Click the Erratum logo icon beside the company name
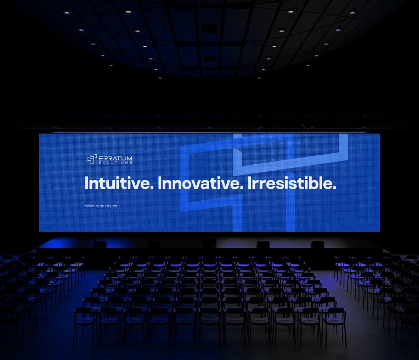[92, 159]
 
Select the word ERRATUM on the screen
[115, 158]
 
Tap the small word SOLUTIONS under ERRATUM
[115, 162]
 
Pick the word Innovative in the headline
[200, 183]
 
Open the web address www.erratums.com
[102, 206]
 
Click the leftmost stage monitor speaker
[100, 244]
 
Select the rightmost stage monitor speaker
[317, 244]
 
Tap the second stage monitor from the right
[263, 244]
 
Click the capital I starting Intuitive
[86, 183]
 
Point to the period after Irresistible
[334, 188]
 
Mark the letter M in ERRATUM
[129, 158]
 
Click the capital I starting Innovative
[159, 183]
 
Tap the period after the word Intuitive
[152, 188]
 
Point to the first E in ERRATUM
[101, 158]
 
